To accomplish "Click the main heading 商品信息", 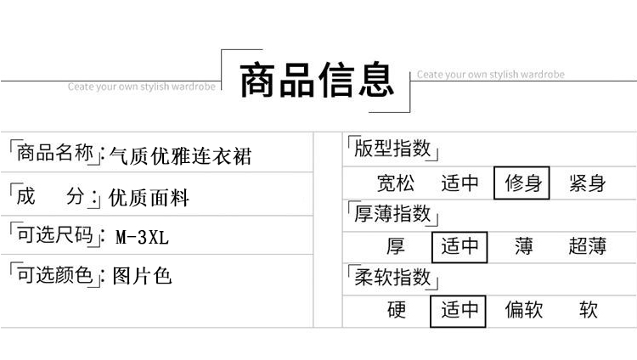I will click(x=317, y=81).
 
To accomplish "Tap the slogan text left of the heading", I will click(x=142, y=86).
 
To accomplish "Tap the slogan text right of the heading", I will click(x=490, y=75).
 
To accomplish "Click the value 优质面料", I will click(x=149, y=199).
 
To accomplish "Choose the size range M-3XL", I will click(x=142, y=238).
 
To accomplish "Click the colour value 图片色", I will click(x=142, y=277).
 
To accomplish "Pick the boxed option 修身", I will click(x=522, y=183).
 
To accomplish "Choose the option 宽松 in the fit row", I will click(x=396, y=183).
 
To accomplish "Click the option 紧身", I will click(x=588, y=183).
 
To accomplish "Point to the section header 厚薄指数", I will click(x=392, y=213).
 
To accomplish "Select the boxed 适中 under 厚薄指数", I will click(x=459, y=247).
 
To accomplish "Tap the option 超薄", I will click(x=588, y=247).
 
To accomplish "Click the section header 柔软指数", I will click(x=392, y=277).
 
